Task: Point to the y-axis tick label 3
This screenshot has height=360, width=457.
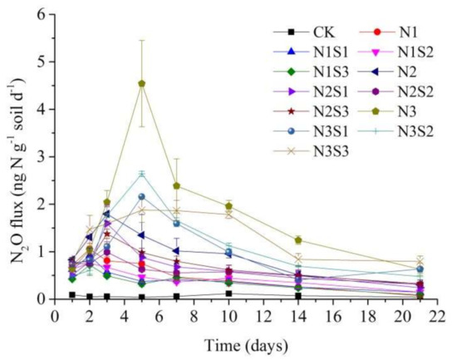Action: [x=42, y=156]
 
